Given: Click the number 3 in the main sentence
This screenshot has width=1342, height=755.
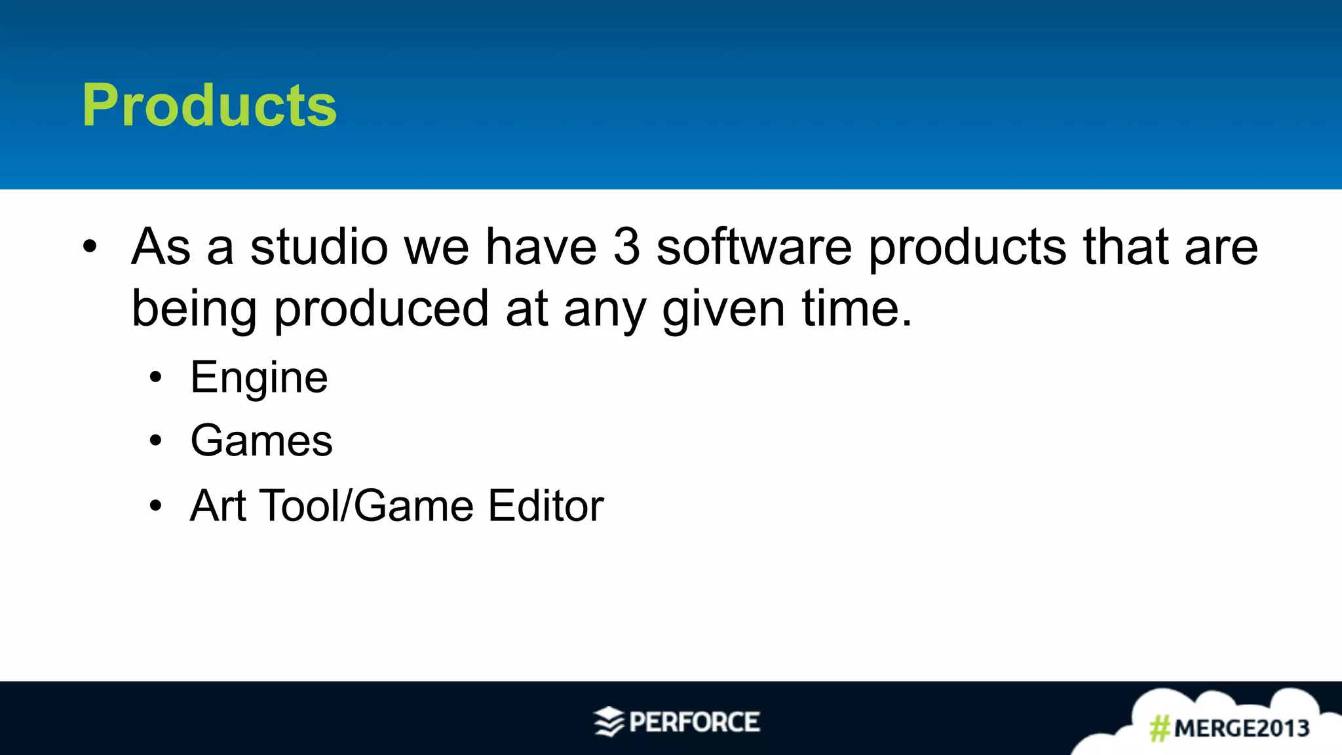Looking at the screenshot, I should [626, 247].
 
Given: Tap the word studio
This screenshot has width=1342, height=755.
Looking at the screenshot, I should [319, 247].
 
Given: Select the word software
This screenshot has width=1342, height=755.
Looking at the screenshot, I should [754, 247].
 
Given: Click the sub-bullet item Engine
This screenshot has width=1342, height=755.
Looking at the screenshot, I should [259, 378].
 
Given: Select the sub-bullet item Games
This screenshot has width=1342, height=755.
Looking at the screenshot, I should [261, 440].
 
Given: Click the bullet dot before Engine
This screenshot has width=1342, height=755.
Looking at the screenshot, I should [155, 378].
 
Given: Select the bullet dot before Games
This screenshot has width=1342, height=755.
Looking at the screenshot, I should [155, 441].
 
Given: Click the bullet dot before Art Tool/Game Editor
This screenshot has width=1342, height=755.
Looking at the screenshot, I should [155, 506].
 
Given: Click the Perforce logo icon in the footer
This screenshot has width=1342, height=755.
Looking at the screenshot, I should [609, 722].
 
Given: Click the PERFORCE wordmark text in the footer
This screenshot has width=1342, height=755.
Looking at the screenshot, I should [694, 722].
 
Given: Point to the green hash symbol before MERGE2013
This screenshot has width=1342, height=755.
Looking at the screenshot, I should [1160, 728].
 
